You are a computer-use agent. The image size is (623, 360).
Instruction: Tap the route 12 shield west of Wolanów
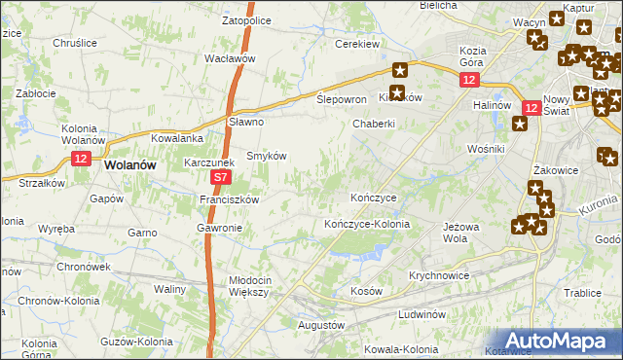click(x=80, y=159)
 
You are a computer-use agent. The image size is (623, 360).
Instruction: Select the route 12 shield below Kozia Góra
click(x=470, y=82)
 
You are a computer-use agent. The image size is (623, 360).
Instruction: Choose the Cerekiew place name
click(x=356, y=44)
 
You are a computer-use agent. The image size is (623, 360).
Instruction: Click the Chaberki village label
click(x=374, y=124)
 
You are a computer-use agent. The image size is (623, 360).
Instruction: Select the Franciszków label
click(x=228, y=199)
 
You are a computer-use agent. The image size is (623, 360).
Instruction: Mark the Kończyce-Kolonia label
click(x=367, y=224)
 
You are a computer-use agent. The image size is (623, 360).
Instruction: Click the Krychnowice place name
click(x=439, y=275)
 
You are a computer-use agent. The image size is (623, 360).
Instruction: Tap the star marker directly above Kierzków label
click(x=400, y=70)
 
